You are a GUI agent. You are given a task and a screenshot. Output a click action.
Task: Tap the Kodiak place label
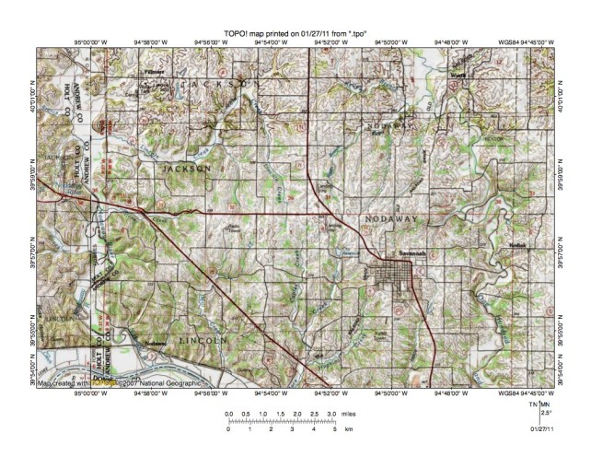pyautogui.click(x=516, y=247)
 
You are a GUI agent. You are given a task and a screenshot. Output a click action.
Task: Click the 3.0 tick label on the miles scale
pyautogui.click(x=331, y=416)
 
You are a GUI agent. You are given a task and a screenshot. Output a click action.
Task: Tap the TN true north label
pyautogui.click(x=533, y=405)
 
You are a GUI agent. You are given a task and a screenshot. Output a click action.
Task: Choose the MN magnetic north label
pyautogui.click(x=546, y=405)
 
